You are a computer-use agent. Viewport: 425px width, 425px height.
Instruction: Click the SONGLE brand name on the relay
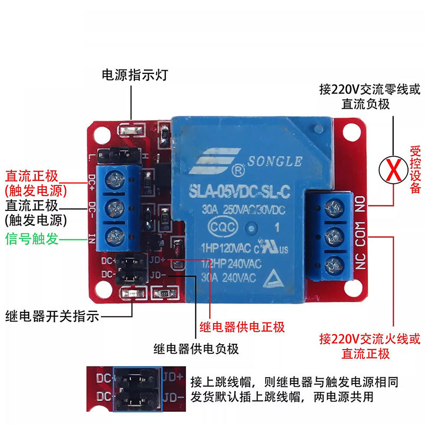(274, 161)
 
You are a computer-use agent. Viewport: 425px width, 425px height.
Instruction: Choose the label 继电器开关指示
(52, 317)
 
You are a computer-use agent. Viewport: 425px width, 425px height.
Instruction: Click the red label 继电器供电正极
(242, 327)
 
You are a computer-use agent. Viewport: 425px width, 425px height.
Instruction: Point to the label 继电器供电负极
(196, 348)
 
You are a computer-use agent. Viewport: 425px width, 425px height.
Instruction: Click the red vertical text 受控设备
(415, 170)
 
